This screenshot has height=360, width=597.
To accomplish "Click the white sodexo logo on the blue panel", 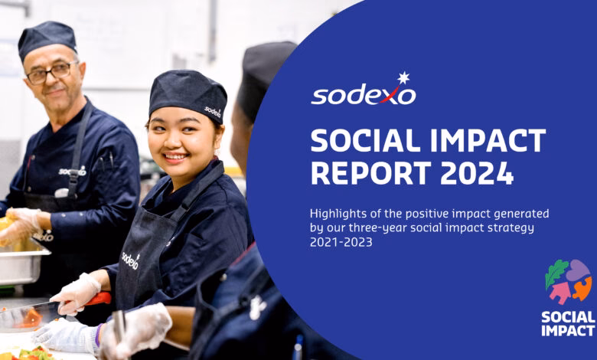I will (363, 94).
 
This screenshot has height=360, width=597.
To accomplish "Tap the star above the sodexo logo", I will (403, 77).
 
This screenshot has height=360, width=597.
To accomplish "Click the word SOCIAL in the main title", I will (364, 141).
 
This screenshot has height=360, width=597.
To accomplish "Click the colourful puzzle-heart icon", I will (568, 281).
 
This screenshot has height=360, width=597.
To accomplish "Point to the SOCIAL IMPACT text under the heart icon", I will (568, 323).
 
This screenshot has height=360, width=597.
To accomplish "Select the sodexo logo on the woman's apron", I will (130, 261).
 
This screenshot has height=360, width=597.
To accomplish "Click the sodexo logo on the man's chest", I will (73, 170).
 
